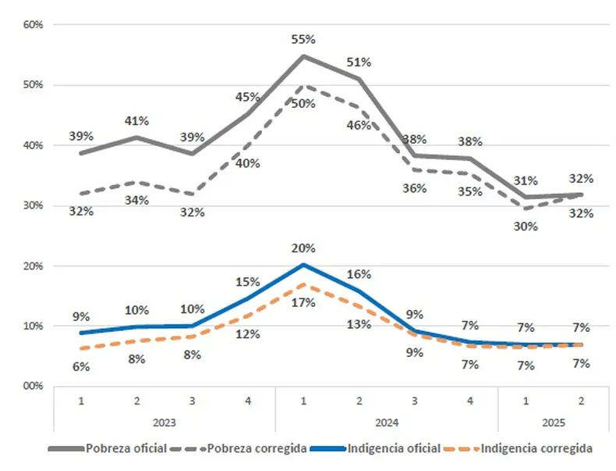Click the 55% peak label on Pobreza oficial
point(303,39)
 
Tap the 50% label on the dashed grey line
point(303,104)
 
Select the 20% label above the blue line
point(303,249)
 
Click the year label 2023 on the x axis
point(164,422)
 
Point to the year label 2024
point(387,422)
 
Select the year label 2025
point(553,422)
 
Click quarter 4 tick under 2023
point(247,401)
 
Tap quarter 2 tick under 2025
point(581,401)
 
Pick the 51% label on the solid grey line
point(359,62)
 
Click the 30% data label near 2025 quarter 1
point(526,227)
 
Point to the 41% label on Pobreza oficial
point(137,121)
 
